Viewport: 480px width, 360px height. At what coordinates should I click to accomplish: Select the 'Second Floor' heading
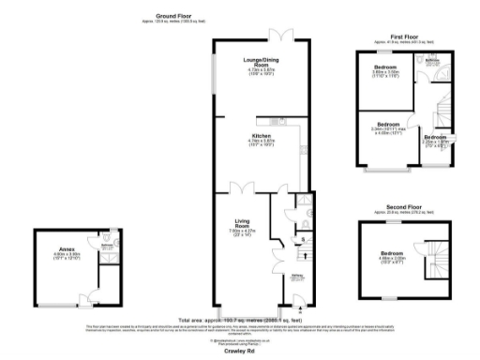point(402,206)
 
